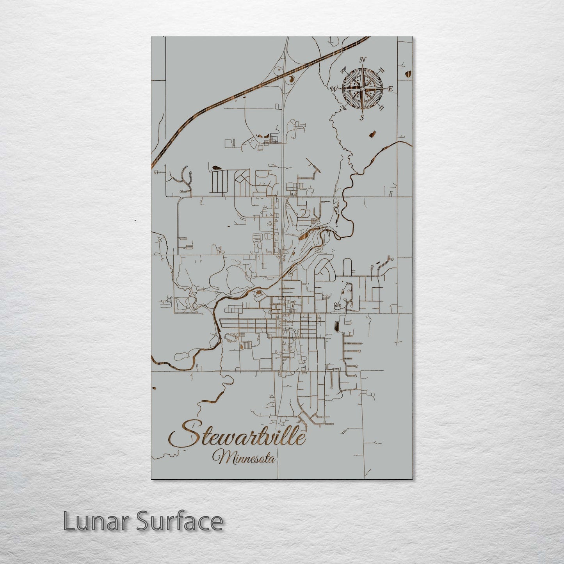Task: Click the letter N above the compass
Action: point(363,60)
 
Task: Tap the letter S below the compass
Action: point(362,117)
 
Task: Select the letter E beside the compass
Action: point(390,89)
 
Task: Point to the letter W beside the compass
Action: point(334,89)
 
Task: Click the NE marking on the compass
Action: point(382,71)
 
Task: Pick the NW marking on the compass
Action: point(344,71)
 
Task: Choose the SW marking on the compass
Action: point(344,107)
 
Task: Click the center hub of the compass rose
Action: point(362,89)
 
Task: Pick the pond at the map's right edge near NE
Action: point(408,74)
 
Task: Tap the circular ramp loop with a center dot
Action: point(278,71)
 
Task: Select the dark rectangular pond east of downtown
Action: point(336,326)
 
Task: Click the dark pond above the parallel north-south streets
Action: point(217,168)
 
